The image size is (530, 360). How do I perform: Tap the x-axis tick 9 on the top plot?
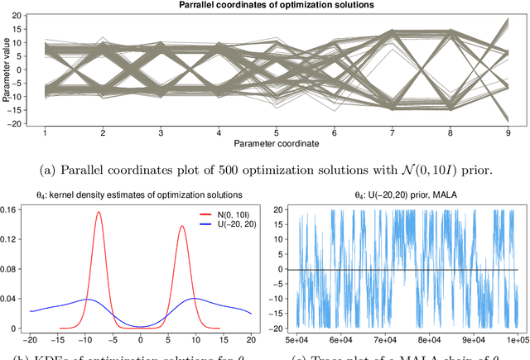(x=506, y=132)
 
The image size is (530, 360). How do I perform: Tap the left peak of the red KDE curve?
(x=99, y=212)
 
